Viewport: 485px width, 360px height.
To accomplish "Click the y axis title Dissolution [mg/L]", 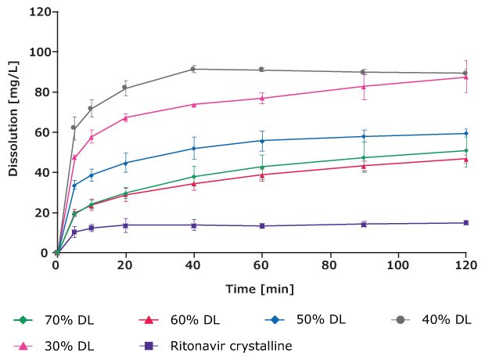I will (13, 131).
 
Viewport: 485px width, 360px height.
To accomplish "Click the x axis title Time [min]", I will (260, 289).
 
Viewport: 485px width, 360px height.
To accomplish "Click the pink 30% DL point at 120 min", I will (466, 77).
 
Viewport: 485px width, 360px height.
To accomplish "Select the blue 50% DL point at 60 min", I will (261, 141).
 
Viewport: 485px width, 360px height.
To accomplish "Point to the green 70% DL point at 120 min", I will (466, 150).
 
